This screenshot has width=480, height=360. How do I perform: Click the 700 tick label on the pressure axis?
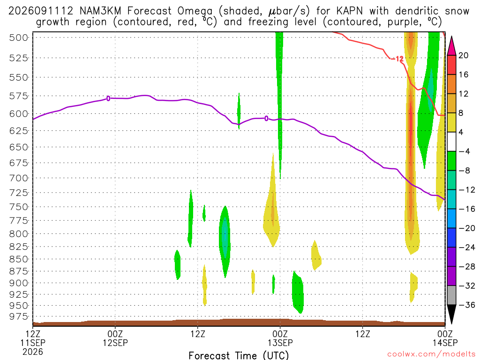click(19, 178)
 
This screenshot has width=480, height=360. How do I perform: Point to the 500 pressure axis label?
click(19, 37)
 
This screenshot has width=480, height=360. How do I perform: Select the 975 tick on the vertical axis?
click(19, 316)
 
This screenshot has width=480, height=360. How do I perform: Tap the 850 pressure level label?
click(19, 259)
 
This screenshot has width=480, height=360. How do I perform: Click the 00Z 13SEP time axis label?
click(280, 338)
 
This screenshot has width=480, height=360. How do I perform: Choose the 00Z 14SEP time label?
click(445, 338)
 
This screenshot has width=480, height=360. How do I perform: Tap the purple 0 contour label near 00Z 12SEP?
click(108, 98)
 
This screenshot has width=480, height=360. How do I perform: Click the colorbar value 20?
click(463, 55)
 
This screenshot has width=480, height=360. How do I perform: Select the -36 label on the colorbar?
click(467, 305)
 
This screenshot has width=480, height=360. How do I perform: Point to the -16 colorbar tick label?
click(467, 209)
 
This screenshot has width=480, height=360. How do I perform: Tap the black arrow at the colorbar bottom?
click(451, 314)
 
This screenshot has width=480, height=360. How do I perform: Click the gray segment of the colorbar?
click(451, 295)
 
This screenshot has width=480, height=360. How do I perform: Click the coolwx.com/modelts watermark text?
click(431, 354)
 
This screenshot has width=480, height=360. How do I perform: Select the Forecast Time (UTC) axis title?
click(239, 355)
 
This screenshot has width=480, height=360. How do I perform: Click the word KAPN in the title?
click(349, 11)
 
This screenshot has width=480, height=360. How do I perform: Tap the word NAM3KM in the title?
click(100, 11)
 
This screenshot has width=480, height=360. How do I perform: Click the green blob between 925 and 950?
click(298, 292)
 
